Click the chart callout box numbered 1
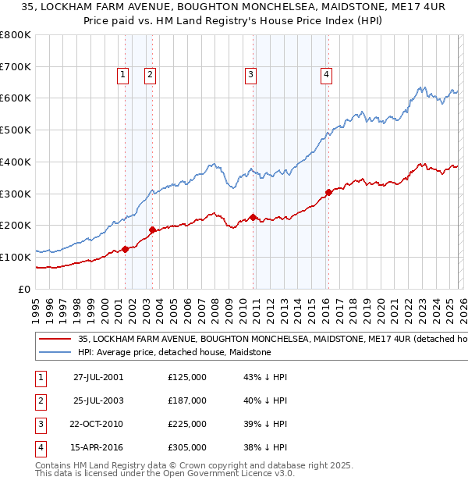pos(123,75)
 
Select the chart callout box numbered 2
pos(150,75)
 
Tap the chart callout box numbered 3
pos(250,75)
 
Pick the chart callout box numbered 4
pos(325,75)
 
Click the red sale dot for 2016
pos(328,192)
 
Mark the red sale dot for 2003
pos(152,230)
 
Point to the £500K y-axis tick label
pos(16,130)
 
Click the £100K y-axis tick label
pos(16,257)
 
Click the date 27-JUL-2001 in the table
pos(98,377)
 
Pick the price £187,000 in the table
pos(187,400)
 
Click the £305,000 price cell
pos(187,447)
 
